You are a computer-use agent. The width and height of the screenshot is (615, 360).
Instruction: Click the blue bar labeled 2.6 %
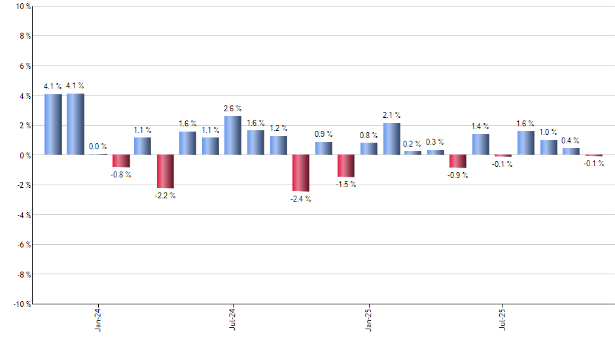[x=233, y=135]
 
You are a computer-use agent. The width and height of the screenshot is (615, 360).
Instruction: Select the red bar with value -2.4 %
[x=300, y=173]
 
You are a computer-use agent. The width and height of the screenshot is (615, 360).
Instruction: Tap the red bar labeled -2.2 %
[x=166, y=171]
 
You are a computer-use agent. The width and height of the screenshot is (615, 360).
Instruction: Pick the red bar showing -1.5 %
[x=345, y=166]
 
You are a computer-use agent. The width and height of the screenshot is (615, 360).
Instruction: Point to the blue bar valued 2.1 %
[x=391, y=139]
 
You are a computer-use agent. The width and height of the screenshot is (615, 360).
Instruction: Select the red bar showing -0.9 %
[x=458, y=161]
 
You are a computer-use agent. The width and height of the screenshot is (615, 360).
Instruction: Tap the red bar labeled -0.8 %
[x=120, y=161]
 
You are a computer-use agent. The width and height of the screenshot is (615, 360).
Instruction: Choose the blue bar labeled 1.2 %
[x=278, y=145]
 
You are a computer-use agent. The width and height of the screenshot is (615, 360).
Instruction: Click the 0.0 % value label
[x=98, y=147]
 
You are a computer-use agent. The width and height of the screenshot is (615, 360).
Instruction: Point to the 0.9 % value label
[x=323, y=134]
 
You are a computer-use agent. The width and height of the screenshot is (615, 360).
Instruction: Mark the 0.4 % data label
[x=571, y=140]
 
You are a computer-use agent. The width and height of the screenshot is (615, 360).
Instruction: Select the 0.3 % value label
[x=436, y=142]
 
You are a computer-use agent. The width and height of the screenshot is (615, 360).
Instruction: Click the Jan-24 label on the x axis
[x=98, y=321]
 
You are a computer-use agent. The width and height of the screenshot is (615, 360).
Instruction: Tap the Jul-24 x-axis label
[x=233, y=321]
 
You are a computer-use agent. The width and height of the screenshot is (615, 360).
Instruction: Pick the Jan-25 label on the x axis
[x=368, y=321]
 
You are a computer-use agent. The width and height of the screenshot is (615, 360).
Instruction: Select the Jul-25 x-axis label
[x=503, y=321]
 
